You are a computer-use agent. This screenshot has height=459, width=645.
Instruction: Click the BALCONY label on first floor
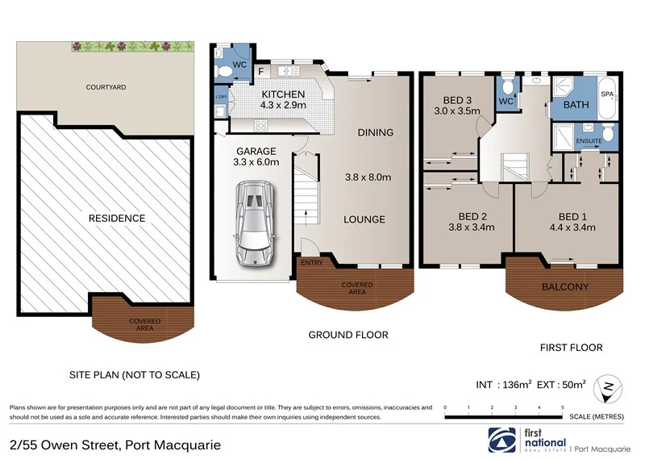click(564, 287)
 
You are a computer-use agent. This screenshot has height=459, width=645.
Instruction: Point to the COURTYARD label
click(107, 86)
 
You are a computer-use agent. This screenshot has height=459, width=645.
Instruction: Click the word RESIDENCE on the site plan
click(118, 218)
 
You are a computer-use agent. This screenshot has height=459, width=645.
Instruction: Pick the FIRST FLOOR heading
click(570, 348)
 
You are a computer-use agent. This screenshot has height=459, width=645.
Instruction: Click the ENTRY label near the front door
click(310, 263)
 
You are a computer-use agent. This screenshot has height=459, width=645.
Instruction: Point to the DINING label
click(375, 132)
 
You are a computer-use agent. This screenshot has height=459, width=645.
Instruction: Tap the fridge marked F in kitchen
click(261, 72)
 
